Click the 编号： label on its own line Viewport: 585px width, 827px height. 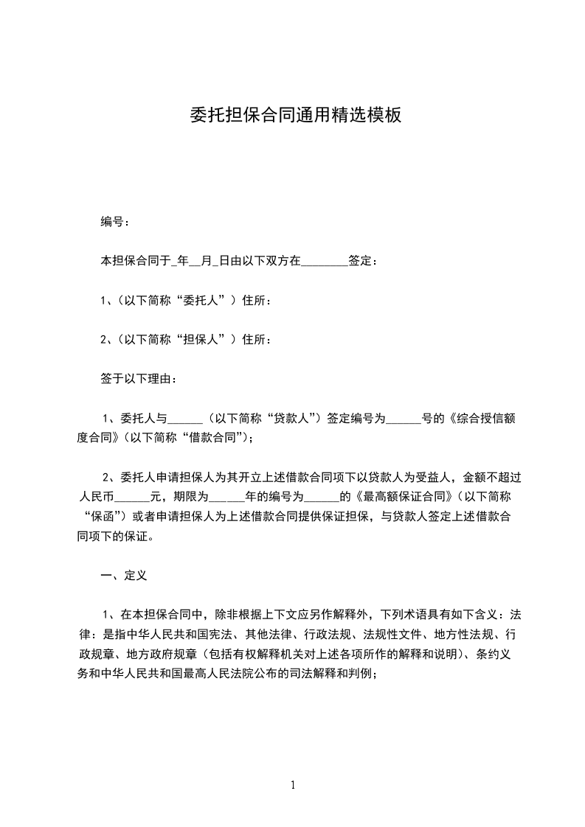[x=117, y=221]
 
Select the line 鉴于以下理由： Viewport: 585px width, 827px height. [x=138, y=380]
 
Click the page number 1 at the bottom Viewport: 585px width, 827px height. [x=293, y=785]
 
